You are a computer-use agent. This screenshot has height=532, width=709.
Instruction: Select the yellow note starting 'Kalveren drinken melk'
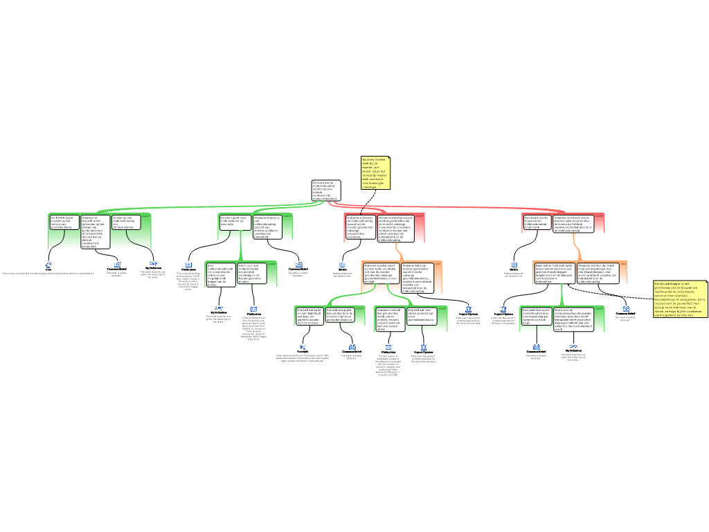pyautogui.click(x=375, y=172)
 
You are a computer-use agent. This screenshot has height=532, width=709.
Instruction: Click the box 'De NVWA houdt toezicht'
pyautogui.click(x=63, y=222)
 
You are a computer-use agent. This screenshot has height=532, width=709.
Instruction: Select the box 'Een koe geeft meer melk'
pyautogui.click(x=234, y=221)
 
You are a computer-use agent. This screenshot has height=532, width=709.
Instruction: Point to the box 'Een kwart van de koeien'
pyautogui.click(x=537, y=221)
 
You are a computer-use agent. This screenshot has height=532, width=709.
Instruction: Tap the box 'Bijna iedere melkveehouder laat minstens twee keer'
pyautogui.click(x=554, y=273)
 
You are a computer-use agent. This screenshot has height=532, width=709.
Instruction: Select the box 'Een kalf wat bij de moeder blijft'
pyautogui.click(x=309, y=316)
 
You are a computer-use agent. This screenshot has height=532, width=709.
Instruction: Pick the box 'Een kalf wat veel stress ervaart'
pyautogui.click(x=422, y=315)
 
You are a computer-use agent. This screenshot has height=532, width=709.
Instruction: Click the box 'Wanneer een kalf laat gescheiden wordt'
pyautogui.click(x=389, y=319)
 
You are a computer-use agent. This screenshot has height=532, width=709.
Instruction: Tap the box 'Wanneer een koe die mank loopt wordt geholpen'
pyautogui.click(x=593, y=273)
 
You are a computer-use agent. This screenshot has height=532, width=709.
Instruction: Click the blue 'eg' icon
pyautogui.click(x=303, y=346)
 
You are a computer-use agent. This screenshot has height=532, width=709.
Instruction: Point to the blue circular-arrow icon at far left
pyautogui.click(x=48, y=265)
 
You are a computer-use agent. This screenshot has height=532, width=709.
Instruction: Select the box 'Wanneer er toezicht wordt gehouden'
pyautogui.click(x=94, y=230)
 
